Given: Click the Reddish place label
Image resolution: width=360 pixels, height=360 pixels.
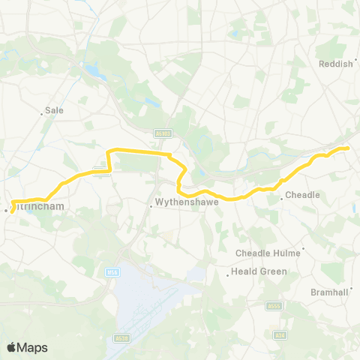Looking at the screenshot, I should (335, 64).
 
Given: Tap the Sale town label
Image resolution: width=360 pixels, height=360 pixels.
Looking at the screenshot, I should (54, 109).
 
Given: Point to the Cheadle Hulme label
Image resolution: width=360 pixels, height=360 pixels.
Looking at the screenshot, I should (268, 253).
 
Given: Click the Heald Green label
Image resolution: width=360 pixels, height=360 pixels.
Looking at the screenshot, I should (259, 271).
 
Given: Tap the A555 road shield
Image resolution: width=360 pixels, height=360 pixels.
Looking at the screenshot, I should (274, 306).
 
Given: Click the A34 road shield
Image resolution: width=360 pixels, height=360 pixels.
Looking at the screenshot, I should (280, 334).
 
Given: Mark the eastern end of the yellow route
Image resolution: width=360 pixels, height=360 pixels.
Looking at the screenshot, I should (349, 148).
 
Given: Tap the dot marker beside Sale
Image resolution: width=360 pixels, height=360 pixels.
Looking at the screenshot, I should (41, 114).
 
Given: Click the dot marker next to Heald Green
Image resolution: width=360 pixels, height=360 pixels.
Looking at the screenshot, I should (227, 275).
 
